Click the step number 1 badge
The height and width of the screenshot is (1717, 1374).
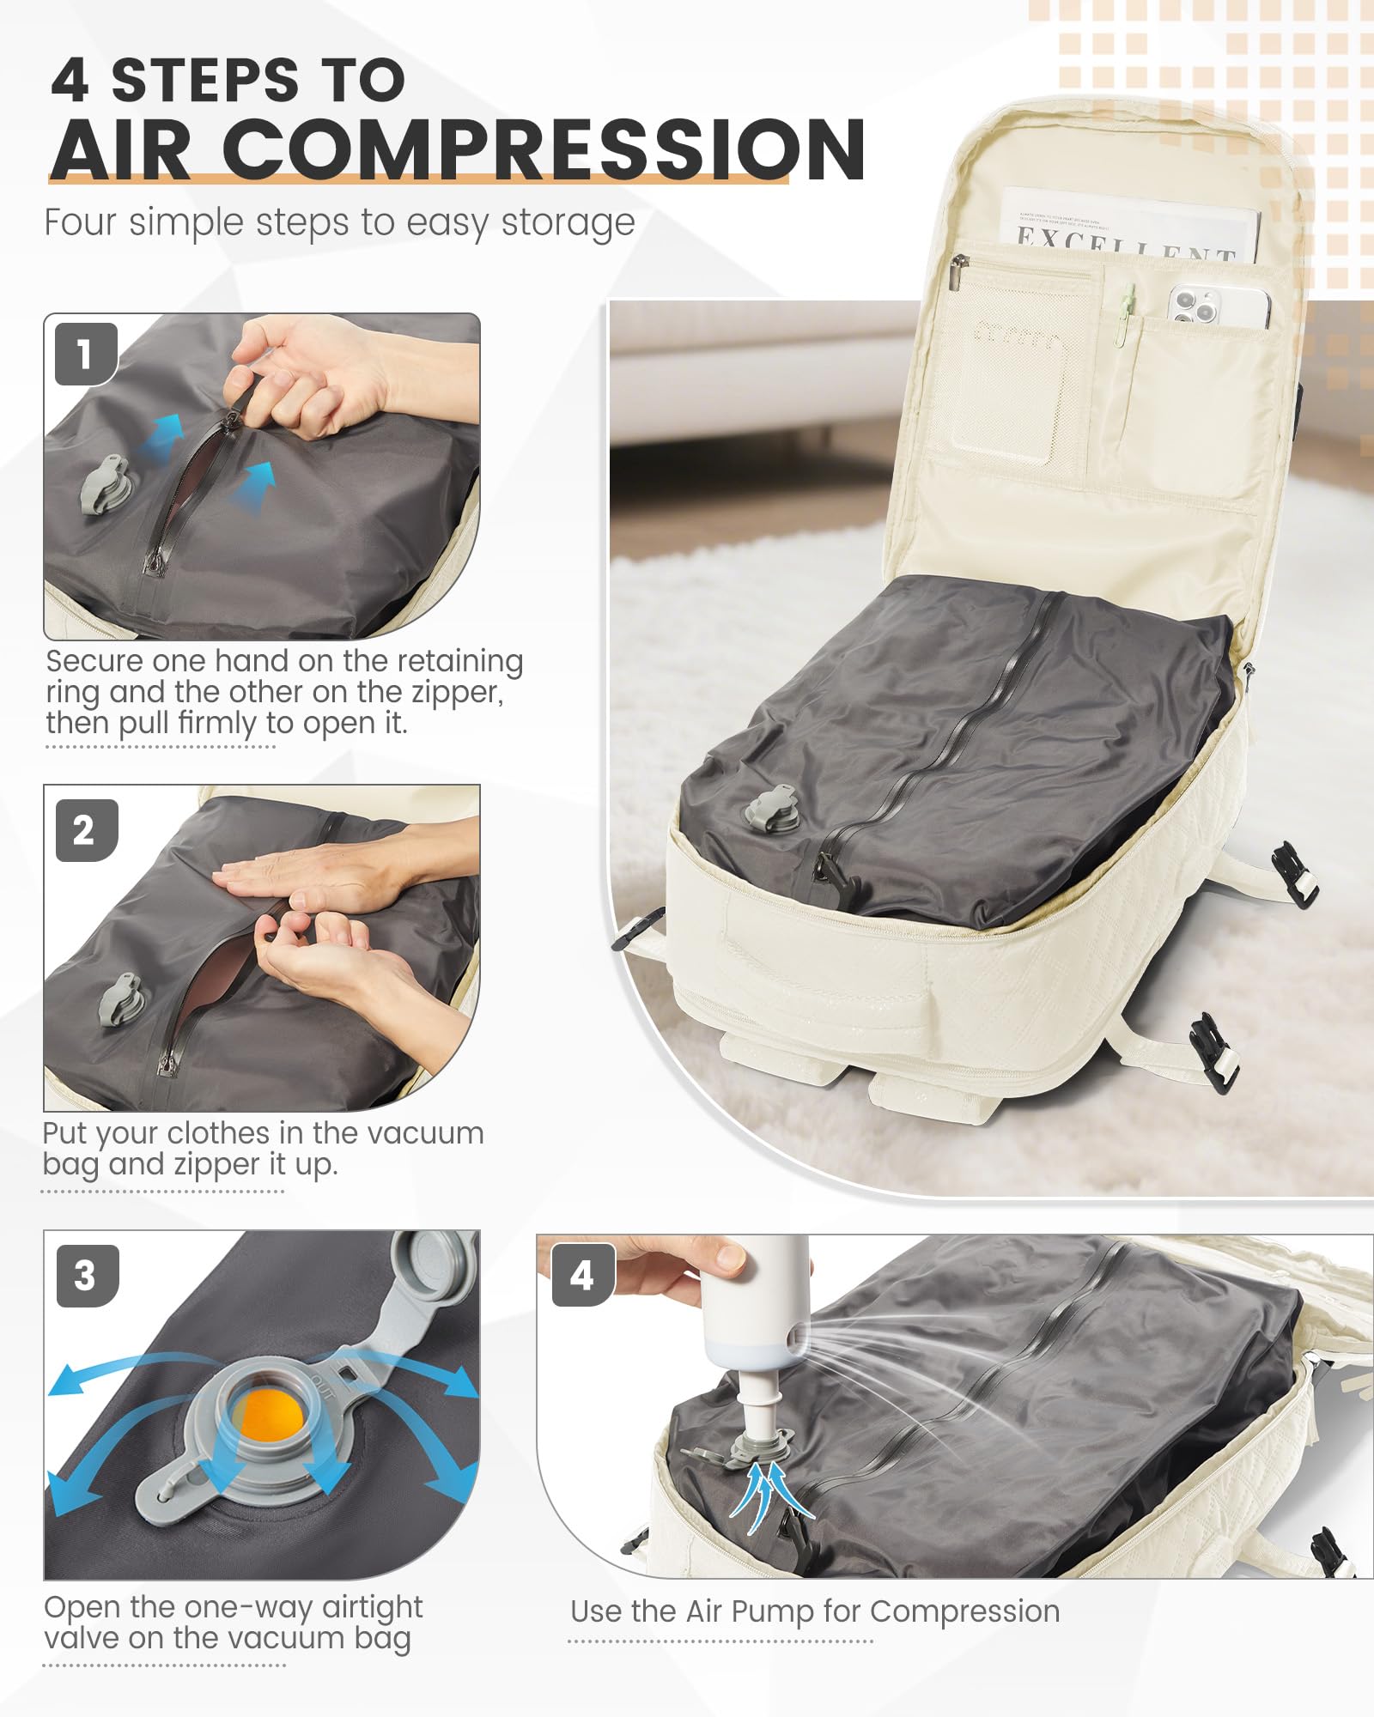click(x=85, y=354)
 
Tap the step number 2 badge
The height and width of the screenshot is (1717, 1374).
click(x=85, y=830)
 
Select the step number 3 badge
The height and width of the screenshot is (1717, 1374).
click(x=86, y=1276)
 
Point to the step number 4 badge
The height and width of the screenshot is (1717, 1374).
click(x=582, y=1276)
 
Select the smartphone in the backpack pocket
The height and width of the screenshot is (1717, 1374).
click(x=1218, y=306)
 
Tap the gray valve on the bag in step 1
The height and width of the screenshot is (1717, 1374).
click(x=104, y=485)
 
